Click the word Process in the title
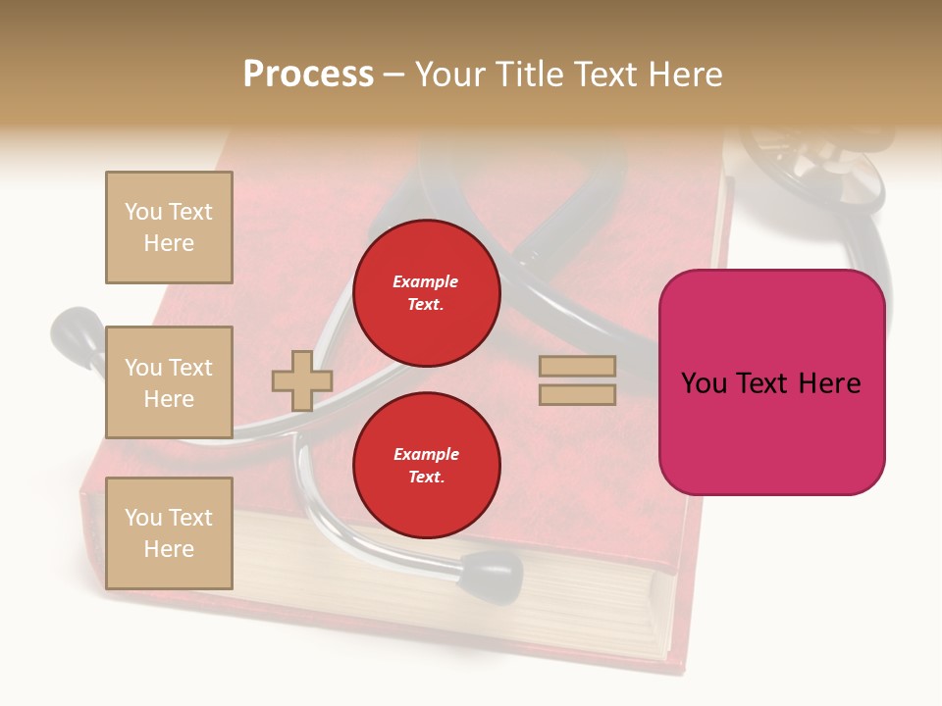(x=308, y=75)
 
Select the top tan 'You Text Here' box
(x=169, y=227)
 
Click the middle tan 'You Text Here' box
(x=169, y=382)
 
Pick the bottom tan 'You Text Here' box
(x=169, y=533)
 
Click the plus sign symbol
(x=302, y=380)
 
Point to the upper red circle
(x=427, y=292)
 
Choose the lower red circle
(x=427, y=466)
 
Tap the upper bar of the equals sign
(x=577, y=367)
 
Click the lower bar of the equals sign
(x=577, y=394)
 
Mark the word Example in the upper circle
(x=426, y=281)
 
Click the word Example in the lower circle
(x=426, y=454)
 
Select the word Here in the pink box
(x=829, y=383)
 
